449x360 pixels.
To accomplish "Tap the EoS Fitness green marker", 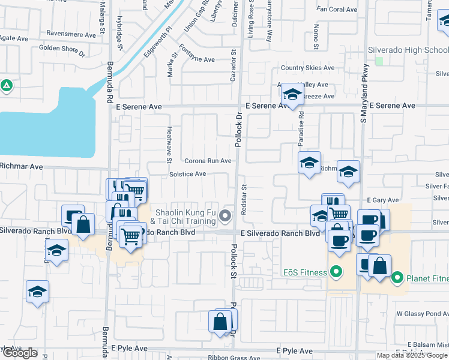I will pyautogui.click(x=336, y=272).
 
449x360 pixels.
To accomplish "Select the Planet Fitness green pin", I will pyautogui.click(x=397, y=278).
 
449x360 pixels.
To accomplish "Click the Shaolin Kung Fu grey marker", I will pyautogui.click(x=226, y=215).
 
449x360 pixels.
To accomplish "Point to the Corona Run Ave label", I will pyautogui.click(x=208, y=161).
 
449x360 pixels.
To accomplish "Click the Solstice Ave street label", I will pyautogui.click(x=187, y=174).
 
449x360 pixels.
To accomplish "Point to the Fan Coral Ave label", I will pyautogui.click(x=337, y=10).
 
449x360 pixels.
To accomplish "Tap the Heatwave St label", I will pyautogui.click(x=169, y=144).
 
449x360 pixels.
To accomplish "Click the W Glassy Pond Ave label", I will pyautogui.click(x=422, y=313).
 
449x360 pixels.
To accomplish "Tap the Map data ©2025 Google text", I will pyautogui.click(x=412, y=355).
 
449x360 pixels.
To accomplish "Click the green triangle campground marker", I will pyautogui.click(x=6, y=86).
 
